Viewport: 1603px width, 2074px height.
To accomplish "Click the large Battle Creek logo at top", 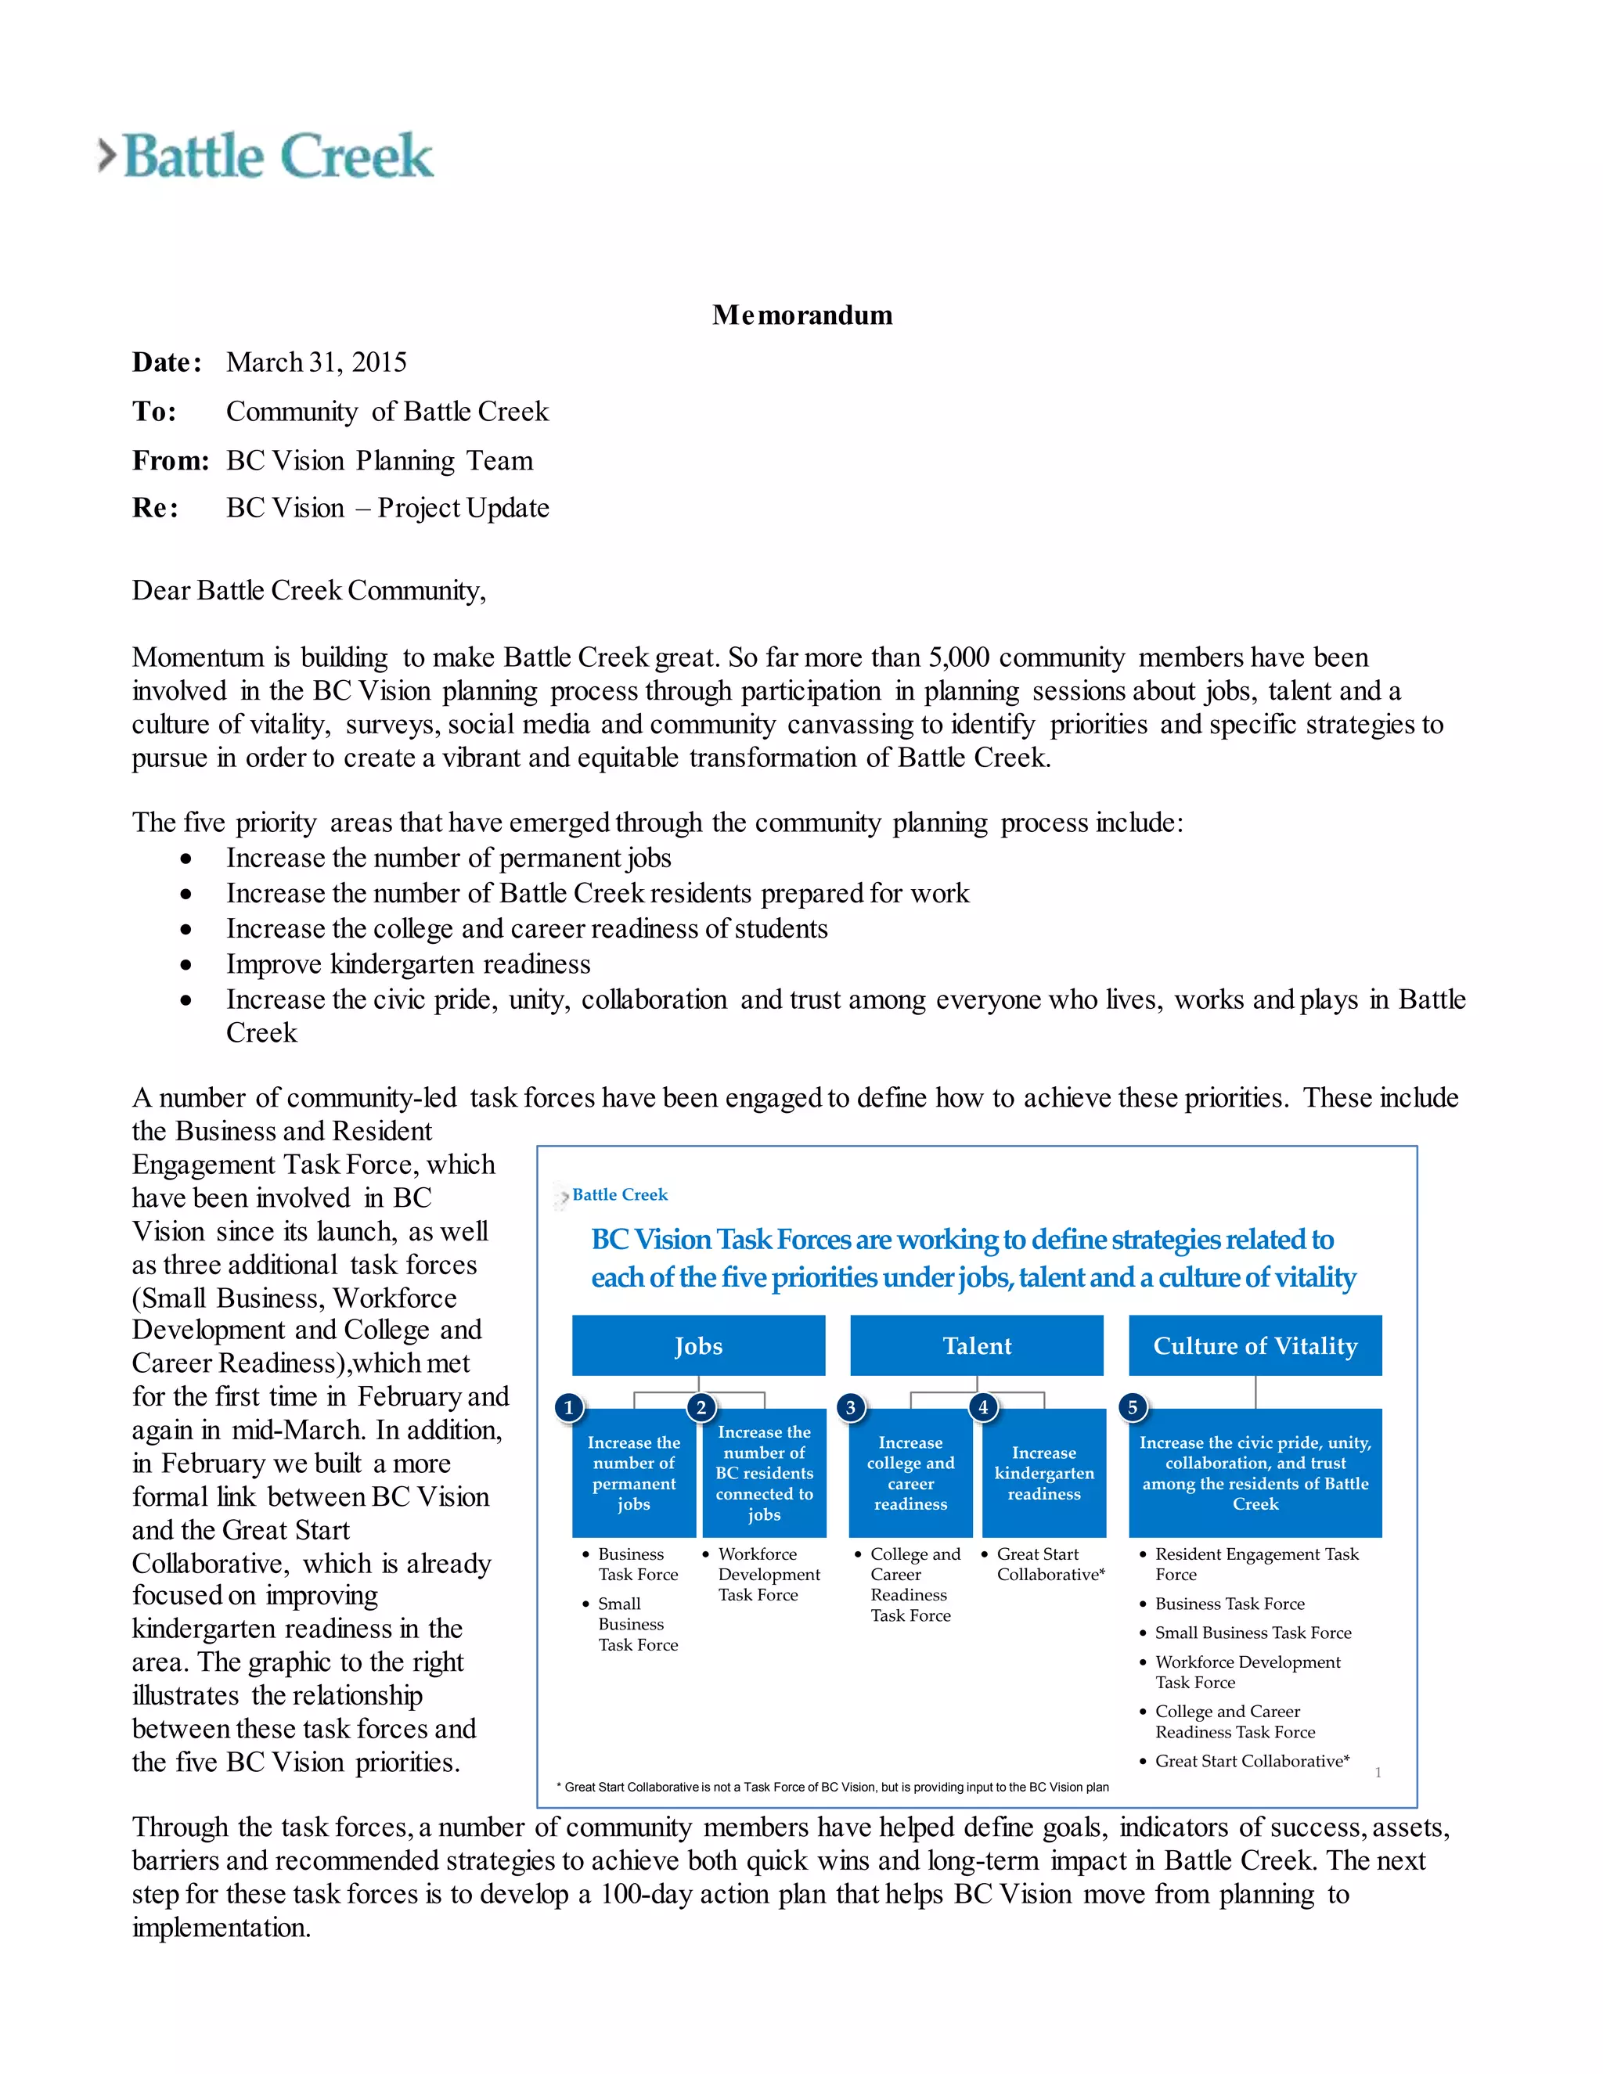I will [267, 156].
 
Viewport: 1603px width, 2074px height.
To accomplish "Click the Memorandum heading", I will [801, 315].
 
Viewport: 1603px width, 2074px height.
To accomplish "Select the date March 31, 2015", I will [316, 363].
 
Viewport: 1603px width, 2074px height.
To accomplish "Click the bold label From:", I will [171, 460].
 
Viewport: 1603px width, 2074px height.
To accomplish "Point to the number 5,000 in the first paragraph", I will [958, 657].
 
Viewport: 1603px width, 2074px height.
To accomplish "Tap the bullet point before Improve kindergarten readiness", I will [186, 965].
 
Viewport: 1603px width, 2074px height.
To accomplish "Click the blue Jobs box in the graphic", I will [698, 1345].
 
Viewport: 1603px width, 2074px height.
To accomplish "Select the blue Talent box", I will [976, 1345].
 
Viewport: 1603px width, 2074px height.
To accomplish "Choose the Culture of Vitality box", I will [1255, 1345].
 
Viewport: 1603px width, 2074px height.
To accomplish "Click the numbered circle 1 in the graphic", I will [569, 1407].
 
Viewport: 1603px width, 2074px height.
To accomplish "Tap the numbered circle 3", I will [851, 1407].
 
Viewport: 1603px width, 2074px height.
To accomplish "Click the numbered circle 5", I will [1132, 1407].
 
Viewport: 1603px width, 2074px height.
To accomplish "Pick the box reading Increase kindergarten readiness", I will [1043, 1474].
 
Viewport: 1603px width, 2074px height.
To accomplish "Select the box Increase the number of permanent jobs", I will [633, 1474].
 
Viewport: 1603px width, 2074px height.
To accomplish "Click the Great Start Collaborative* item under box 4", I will [1050, 1564].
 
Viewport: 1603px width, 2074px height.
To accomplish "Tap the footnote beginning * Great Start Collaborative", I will [833, 1788].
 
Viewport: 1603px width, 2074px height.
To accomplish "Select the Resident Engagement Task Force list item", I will [1255, 1564].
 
